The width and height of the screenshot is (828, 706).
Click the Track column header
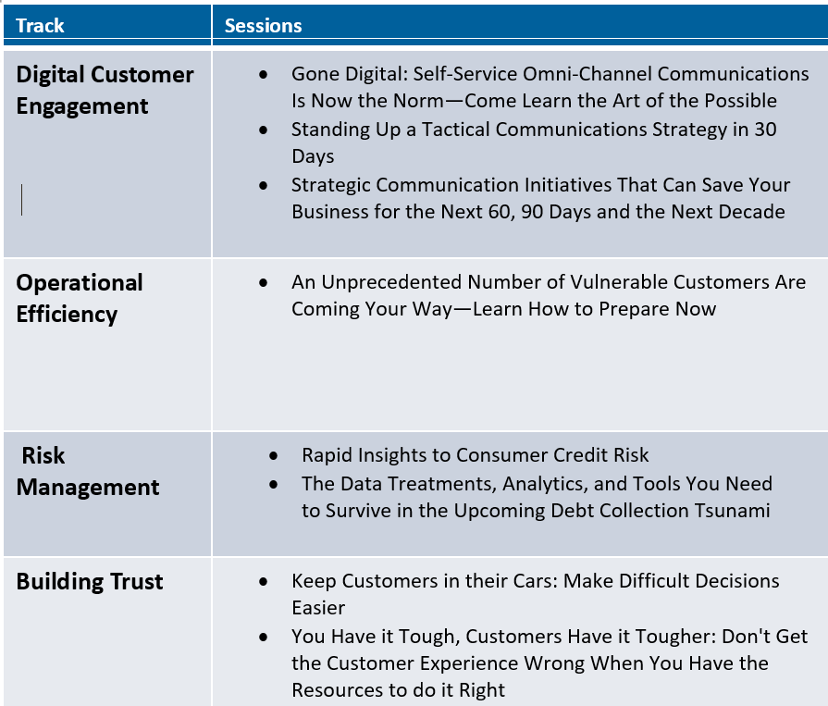[40, 26]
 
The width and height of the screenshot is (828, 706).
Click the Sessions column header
[263, 26]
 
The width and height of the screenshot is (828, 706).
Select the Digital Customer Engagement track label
[105, 90]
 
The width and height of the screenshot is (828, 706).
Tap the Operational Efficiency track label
[80, 298]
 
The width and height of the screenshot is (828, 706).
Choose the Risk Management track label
[88, 471]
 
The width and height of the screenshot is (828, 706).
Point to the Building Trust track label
[90, 582]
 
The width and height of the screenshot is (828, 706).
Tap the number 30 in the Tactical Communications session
[765, 130]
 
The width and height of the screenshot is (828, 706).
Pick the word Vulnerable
[603, 282]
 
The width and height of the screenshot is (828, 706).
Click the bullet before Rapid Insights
[275, 456]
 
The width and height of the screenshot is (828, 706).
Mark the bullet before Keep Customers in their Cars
[265, 582]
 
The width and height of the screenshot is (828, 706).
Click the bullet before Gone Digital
[265, 74]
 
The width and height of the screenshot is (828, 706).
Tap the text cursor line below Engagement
[22, 199]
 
